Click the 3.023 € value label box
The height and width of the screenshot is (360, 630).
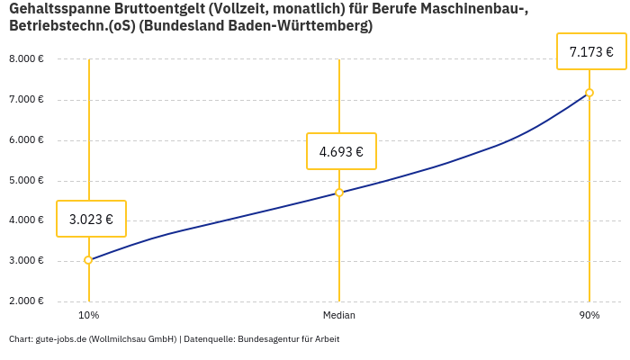[x=91, y=219]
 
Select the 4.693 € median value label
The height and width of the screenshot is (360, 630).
[x=341, y=151]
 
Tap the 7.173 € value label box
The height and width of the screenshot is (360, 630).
[x=591, y=52]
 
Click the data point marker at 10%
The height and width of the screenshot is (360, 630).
[x=88, y=260]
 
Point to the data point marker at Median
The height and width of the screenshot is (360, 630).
[x=339, y=193]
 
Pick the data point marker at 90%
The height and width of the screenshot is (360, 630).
[x=589, y=93]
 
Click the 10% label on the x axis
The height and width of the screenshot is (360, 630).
[x=88, y=315]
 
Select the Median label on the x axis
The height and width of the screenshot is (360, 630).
[x=339, y=315]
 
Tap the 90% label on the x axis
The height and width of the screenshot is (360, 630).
[x=589, y=315]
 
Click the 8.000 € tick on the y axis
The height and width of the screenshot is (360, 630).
[x=26, y=58]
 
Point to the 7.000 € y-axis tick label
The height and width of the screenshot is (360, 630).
[x=26, y=99]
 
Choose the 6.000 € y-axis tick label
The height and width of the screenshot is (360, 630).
[x=26, y=139]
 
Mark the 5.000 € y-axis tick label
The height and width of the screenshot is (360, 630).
[x=26, y=180]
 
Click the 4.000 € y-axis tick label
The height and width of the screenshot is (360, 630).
[x=26, y=220]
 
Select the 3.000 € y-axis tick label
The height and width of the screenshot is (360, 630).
[x=26, y=260]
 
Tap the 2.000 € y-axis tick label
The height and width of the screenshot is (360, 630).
[x=26, y=301]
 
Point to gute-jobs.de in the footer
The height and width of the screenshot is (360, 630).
[x=60, y=339]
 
